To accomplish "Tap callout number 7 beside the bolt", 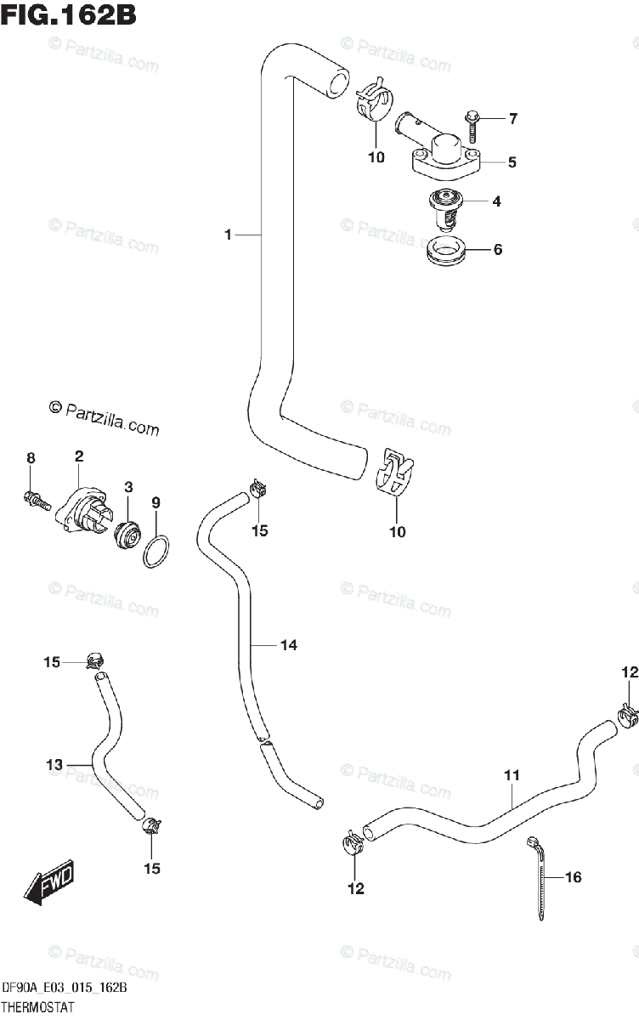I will pos(512,119).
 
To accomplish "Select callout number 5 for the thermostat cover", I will pos(512,161).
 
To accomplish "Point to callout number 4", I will pos(496,202).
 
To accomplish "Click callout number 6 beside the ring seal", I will pos(498,249).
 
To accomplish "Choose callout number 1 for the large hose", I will pos(228,235).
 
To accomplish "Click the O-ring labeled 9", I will pos(156,552).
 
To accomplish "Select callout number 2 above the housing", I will pos(79,457).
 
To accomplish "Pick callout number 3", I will pos(128,487).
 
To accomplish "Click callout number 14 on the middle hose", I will pos(288,646).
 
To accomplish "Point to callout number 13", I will pos(54,765).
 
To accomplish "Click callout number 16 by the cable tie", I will pos(573,877).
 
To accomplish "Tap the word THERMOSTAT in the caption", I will pos(38,1007).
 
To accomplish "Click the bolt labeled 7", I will pos(472,126).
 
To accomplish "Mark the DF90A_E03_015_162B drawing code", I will pos(65,989).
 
